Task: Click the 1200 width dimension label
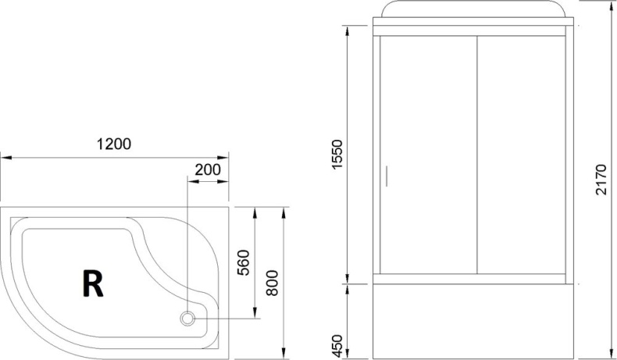[x=113, y=144]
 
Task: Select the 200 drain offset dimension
[x=207, y=169]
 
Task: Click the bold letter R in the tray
[x=92, y=284]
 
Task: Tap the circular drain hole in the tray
[x=188, y=318]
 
